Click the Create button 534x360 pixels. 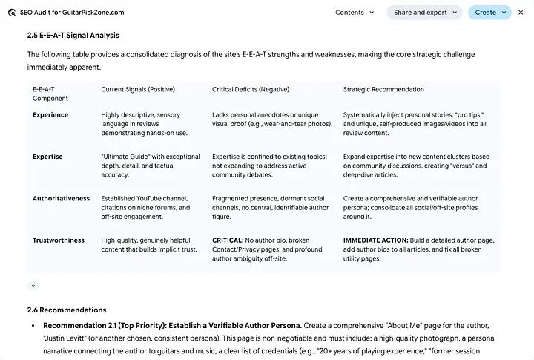click(489, 13)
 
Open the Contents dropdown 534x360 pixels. click(355, 13)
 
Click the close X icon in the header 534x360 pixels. click(521, 13)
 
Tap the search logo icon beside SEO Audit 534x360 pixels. click(12, 13)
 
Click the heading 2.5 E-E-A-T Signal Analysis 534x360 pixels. click(73, 35)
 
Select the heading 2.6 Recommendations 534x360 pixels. click(67, 310)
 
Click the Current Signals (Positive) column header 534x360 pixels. click(138, 89)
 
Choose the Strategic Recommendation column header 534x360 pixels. click(383, 89)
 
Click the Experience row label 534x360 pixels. click(50, 115)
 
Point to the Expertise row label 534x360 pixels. click(47, 157)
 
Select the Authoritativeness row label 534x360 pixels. click(61, 199)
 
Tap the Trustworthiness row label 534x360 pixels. click(59, 240)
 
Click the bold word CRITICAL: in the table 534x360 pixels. click(228, 240)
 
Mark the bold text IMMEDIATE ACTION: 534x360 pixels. click(375, 240)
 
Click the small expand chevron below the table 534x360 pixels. click(33, 286)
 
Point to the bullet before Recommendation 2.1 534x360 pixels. click(33, 326)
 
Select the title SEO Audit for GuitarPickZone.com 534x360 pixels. click(73, 13)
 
